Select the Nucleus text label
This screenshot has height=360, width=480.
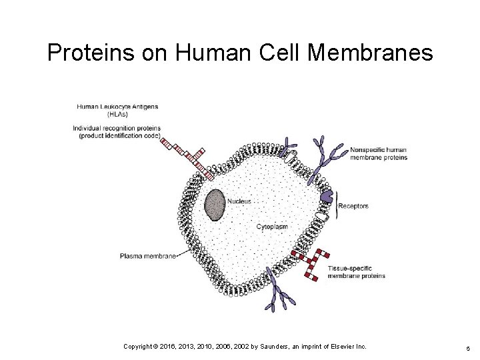pos(239,201)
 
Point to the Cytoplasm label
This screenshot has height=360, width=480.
pos(272,227)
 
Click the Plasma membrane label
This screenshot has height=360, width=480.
pos(148,255)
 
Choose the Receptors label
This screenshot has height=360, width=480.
pos(353,206)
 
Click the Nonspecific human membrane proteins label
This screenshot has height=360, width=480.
pos(378,153)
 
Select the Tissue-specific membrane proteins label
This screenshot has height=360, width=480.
pos(356,271)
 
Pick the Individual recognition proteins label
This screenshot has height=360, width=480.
pos(117,131)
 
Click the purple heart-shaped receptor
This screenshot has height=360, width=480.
pos(326,195)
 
